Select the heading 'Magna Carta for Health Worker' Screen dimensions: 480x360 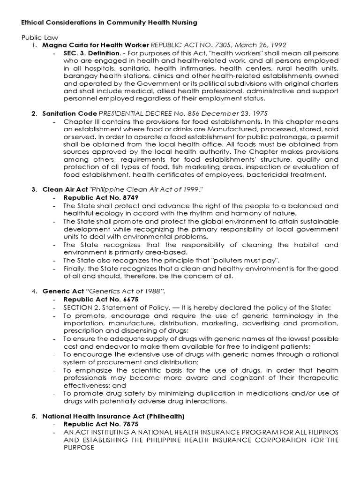click(95, 45)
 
